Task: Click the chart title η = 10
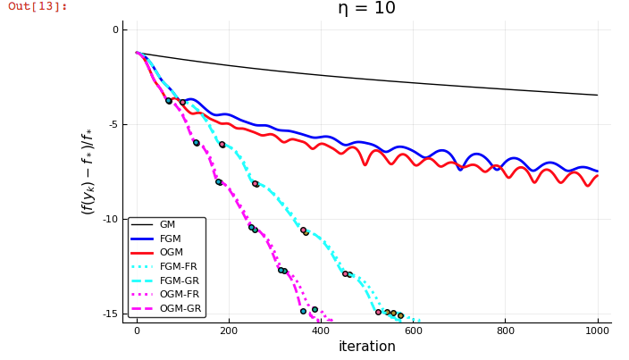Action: tap(366, 9)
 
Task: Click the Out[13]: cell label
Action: tap(38, 6)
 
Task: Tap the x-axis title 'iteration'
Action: tap(366, 347)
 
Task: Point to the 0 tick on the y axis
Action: tap(114, 30)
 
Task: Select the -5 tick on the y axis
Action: tap(113, 125)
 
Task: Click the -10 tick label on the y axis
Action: tap(110, 220)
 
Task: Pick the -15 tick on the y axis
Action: tap(110, 314)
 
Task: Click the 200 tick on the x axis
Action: tap(229, 331)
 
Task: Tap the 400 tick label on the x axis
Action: tap(321, 331)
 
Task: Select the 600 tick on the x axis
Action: tap(413, 331)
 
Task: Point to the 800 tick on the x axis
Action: tap(505, 331)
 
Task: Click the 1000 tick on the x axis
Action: tap(597, 331)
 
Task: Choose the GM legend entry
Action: tap(167, 225)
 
